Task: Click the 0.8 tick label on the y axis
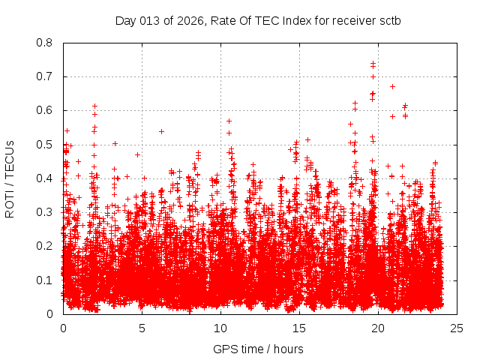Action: point(46,43)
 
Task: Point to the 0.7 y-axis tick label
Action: point(46,76)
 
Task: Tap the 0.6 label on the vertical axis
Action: point(46,110)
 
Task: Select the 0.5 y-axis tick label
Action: point(46,145)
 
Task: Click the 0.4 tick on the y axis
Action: point(46,178)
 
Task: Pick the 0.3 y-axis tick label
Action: point(46,212)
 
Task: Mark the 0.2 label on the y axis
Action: point(46,246)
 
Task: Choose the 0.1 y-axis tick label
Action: point(46,280)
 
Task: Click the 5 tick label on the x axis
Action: point(142,328)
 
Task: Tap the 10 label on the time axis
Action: point(220,328)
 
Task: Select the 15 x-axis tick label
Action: point(299,328)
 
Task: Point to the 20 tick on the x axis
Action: point(378,328)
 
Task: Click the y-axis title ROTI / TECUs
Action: point(10,178)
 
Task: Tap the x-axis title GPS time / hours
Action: point(259,349)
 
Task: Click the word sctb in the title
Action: point(390,20)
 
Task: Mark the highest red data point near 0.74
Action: point(373,64)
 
